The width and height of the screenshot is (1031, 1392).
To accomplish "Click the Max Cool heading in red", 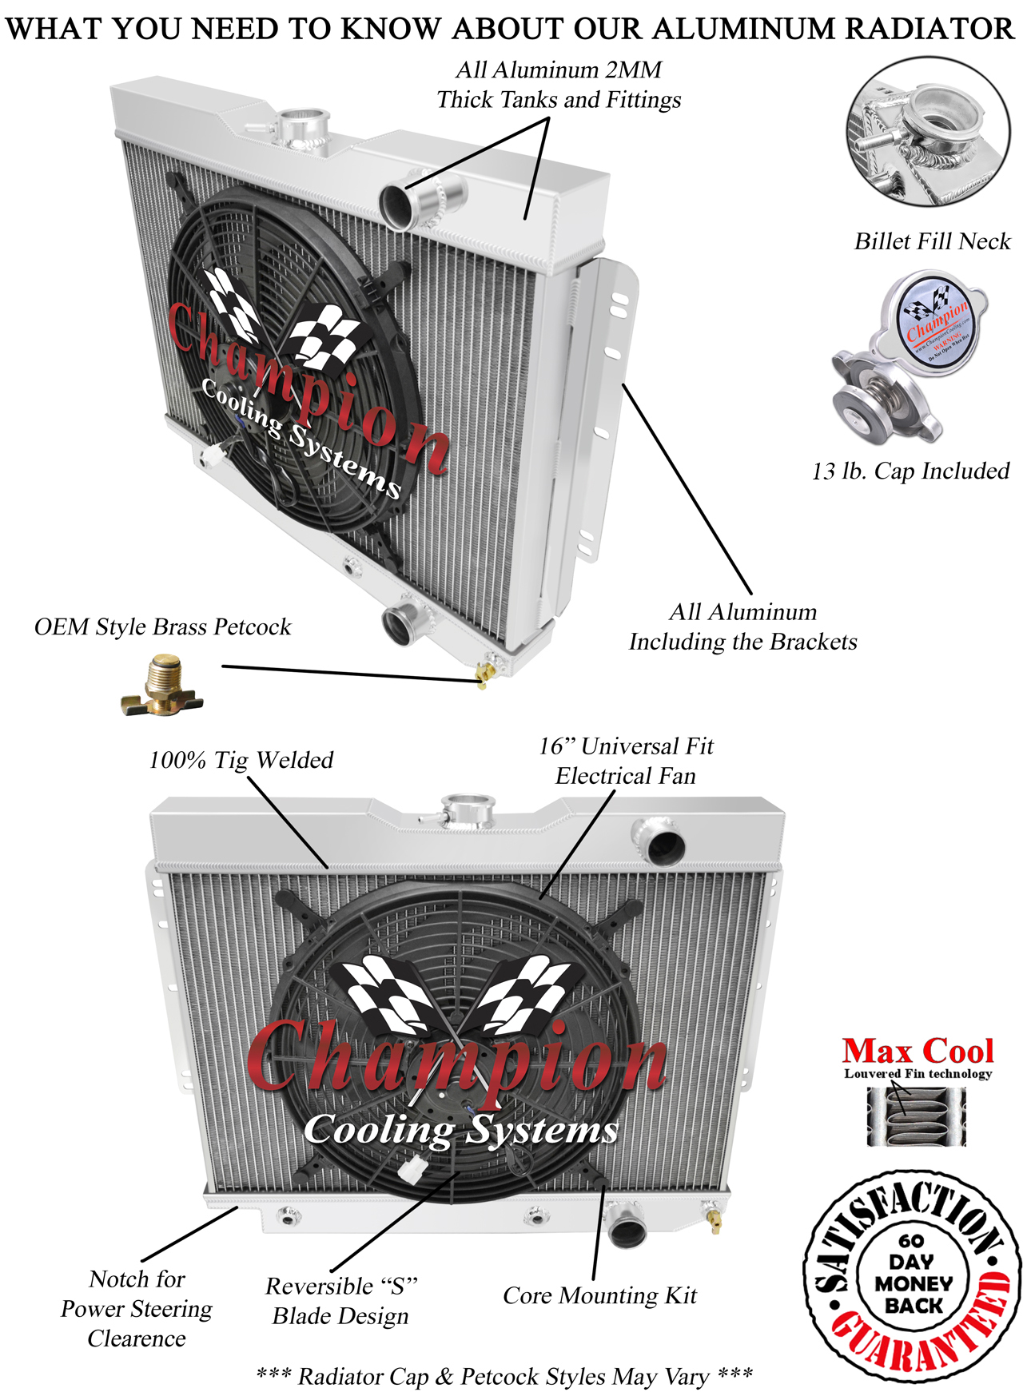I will [x=918, y=1050].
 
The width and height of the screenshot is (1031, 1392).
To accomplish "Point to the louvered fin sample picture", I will [x=916, y=1116].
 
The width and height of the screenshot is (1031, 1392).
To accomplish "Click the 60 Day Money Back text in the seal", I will [x=913, y=1274].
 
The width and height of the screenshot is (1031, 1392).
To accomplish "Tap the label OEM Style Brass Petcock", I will [x=162, y=626].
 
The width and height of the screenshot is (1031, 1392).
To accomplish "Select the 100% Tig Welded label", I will [x=241, y=759].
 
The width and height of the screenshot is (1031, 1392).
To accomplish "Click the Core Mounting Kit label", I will [x=599, y=1295].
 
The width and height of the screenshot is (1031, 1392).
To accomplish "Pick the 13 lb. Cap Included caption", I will [x=910, y=471].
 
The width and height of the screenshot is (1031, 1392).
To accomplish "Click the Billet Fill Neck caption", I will [x=932, y=241].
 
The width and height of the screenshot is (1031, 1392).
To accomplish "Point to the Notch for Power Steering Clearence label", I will [x=137, y=1308].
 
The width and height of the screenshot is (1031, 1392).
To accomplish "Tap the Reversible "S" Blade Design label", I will [x=340, y=1300].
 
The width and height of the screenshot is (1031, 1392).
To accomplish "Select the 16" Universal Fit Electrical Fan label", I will [x=626, y=761].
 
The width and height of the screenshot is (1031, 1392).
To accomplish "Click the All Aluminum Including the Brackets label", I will [x=742, y=626].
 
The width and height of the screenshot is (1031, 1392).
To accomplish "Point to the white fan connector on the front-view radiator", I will [x=411, y=1170].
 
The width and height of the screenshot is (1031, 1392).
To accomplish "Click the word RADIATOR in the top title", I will [x=929, y=29].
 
